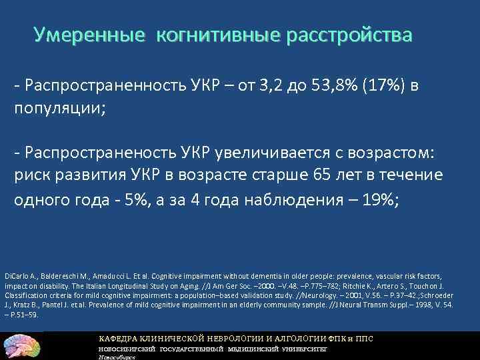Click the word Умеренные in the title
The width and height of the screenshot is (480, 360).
tap(89, 34)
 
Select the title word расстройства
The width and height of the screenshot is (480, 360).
tap(349, 34)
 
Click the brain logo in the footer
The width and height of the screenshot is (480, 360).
tap(21, 345)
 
